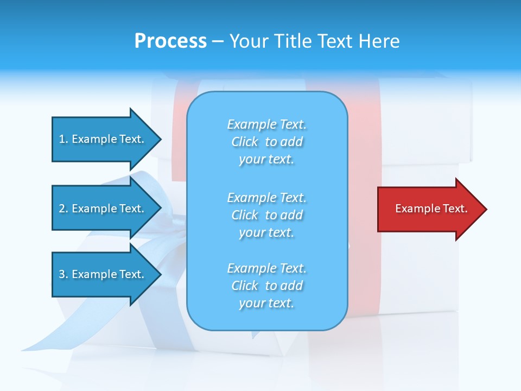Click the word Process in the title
(x=170, y=41)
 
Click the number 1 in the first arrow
(x=62, y=139)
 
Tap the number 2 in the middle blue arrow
(x=62, y=209)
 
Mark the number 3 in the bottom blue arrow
(x=62, y=274)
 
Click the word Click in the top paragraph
(x=245, y=142)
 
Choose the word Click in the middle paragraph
(x=245, y=215)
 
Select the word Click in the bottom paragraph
(x=245, y=286)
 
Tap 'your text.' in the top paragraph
(x=266, y=160)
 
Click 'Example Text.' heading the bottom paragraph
(x=266, y=268)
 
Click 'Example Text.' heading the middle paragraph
(x=266, y=198)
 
